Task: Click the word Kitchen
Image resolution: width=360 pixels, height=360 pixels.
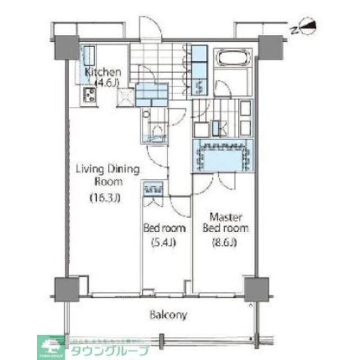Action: (103, 72)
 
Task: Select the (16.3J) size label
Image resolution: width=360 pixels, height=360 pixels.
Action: (106, 197)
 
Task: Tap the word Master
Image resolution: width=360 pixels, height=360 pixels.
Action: (226, 217)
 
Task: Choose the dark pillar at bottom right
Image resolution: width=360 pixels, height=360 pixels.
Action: (254, 289)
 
